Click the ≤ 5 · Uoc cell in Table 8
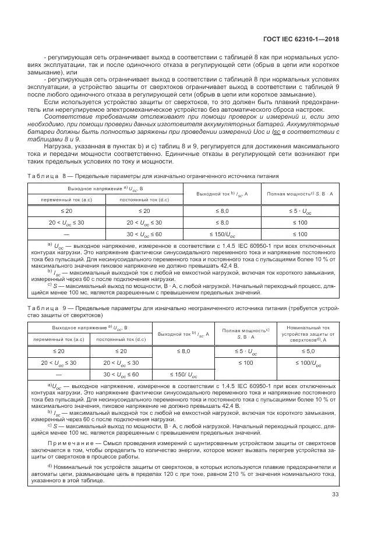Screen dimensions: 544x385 tap(299, 211)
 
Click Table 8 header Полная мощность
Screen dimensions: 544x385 tap(299, 193)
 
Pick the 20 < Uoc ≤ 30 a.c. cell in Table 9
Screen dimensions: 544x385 tap(58, 362)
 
